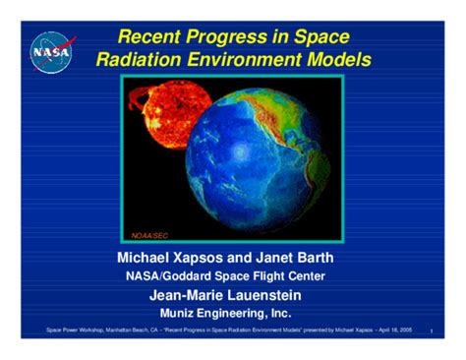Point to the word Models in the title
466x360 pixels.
tap(338, 61)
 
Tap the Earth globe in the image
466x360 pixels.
tap(261, 157)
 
